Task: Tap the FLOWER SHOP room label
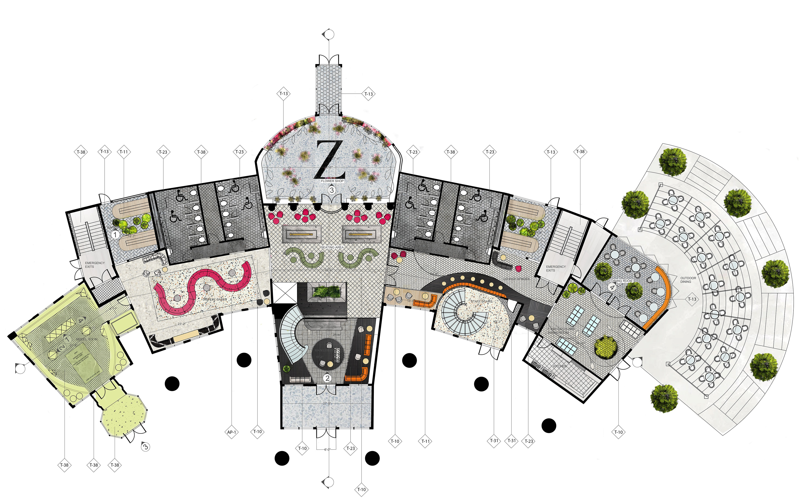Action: pos(332,181)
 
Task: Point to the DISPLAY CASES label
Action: pos(215,299)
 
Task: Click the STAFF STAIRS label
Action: pos(481,301)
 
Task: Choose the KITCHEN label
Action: pos(560,366)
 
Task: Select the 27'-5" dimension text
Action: pos(327,403)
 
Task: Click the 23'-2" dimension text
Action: pos(181,324)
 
